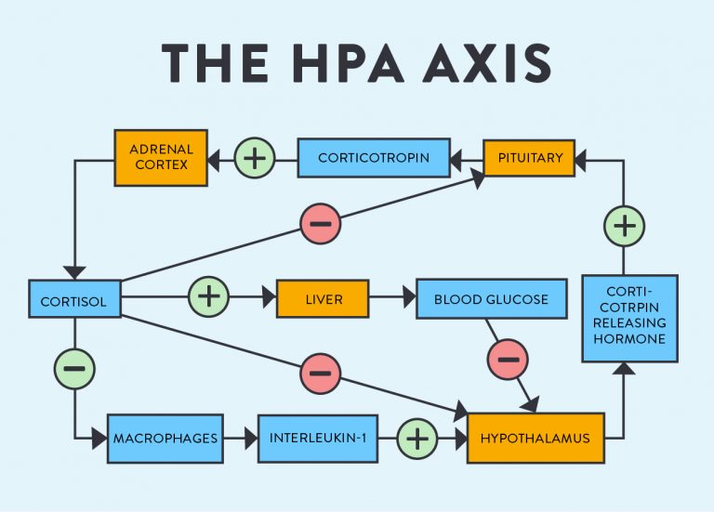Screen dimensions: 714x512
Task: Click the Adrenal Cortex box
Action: [x=161, y=157]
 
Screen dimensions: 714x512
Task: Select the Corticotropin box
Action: [x=374, y=157]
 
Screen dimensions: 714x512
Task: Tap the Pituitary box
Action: [x=529, y=158]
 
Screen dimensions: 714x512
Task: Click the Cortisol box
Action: [x=74, y=298]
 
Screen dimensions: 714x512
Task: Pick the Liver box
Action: [x=323, y=298]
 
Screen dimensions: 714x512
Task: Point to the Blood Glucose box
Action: [x=491, y=298]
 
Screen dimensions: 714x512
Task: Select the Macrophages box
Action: [x=165, y=439]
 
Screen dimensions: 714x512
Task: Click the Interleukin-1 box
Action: [x=318, y=439]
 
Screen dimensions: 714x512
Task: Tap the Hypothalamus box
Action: [x=535, y=438]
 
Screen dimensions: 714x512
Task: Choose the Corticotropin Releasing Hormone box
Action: [x=629, y=318]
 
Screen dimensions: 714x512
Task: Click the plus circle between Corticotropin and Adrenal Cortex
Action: [x=255, y=158]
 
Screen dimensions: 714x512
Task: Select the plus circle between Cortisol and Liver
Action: [x=208, y=296]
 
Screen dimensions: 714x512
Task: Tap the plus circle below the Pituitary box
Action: [x=624, y=226]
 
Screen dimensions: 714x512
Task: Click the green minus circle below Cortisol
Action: [x=74, y=369]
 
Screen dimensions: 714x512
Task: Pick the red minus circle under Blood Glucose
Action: [x=508, y=360]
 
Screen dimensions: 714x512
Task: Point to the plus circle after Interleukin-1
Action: [x=417, y=439]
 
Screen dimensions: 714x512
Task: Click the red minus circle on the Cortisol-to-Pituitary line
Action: [x=321, y=223]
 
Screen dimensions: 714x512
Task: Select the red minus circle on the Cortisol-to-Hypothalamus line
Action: [x=321, y=374]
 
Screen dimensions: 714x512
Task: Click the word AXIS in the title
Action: [x=487, y=63]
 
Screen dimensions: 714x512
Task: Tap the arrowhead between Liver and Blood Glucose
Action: [x=409, y=297]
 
